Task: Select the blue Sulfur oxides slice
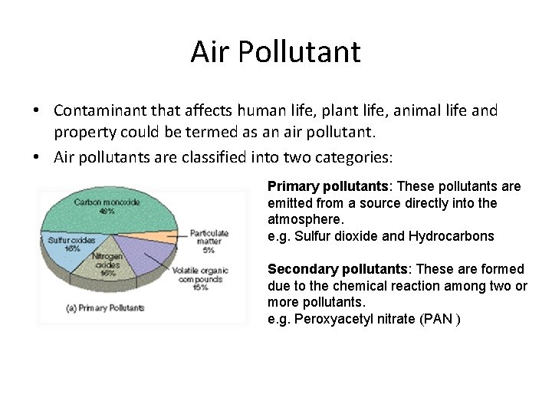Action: click(65, 249)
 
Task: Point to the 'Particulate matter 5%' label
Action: click(209, 241)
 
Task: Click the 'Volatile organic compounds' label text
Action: click(200, 279)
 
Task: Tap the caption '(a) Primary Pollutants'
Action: click(106, 307)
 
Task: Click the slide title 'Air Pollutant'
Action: click(275, 52)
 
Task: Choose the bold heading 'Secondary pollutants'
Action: click(337, 269)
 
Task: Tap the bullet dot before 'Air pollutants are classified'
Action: click(36, 158)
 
